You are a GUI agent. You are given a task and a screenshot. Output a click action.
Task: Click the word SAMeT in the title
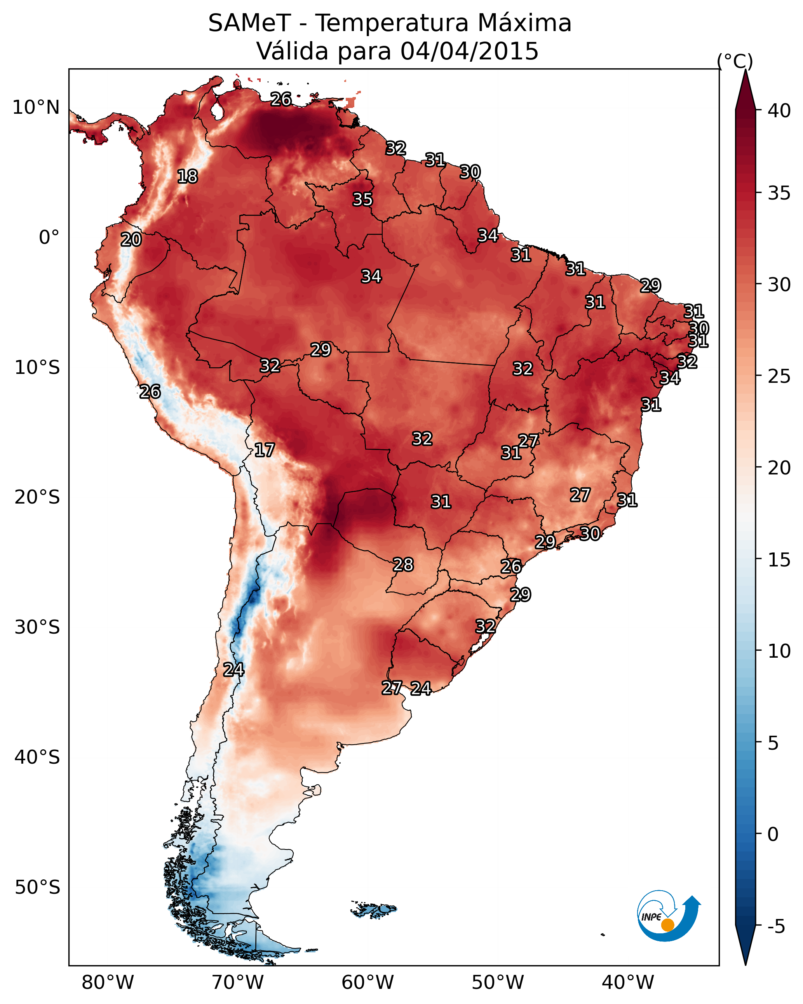(x=249, y=23)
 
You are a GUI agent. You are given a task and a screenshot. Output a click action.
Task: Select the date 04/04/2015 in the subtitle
(x=469, y=51)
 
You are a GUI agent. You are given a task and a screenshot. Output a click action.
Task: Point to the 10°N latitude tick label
(x=36, y=108)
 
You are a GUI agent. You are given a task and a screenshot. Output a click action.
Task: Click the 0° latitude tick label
(x=49, y=238)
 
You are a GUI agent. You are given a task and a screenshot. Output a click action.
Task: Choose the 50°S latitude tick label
(x=37, y=888)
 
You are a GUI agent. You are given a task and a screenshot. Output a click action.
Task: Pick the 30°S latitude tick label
(x=37, y=627)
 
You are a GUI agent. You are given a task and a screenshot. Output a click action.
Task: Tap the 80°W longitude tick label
(x=108, y=983)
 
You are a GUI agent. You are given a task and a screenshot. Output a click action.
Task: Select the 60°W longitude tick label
(x=368, y=983)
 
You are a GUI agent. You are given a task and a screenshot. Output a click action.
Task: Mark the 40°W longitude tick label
(x=628, y=983)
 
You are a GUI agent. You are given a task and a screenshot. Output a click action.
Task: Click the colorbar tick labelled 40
(x=779, y=111)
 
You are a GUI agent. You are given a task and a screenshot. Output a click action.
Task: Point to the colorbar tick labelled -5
(x=777, y=927)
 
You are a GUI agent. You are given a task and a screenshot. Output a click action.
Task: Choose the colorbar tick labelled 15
(x=779, y=560)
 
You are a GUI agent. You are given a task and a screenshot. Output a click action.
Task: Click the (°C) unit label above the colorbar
(x=735, y=61)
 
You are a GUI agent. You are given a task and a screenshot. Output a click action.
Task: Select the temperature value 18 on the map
(x=187, y=177)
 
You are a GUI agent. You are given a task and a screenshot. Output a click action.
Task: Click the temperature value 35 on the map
(x=362, y=199)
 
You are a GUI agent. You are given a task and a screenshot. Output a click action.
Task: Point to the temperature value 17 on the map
(x=264, y=450)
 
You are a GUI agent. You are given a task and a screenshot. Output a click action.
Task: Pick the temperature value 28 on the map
(x=403, y=565)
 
